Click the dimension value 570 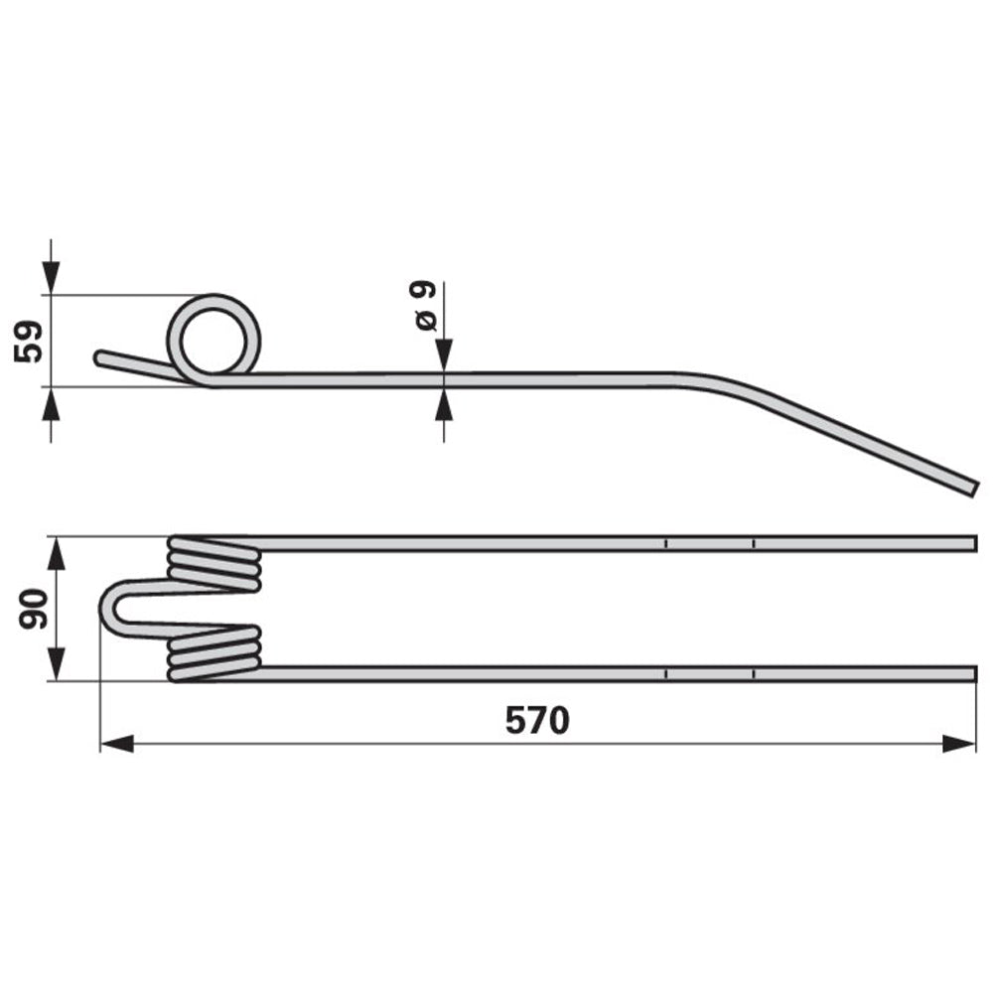(537, 720)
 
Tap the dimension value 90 (31, 609)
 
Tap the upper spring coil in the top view (213, 563)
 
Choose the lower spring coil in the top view (213, 653)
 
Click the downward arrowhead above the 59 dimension (51, 277)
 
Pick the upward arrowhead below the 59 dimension (51, 403)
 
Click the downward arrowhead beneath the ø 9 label (443, 355)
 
